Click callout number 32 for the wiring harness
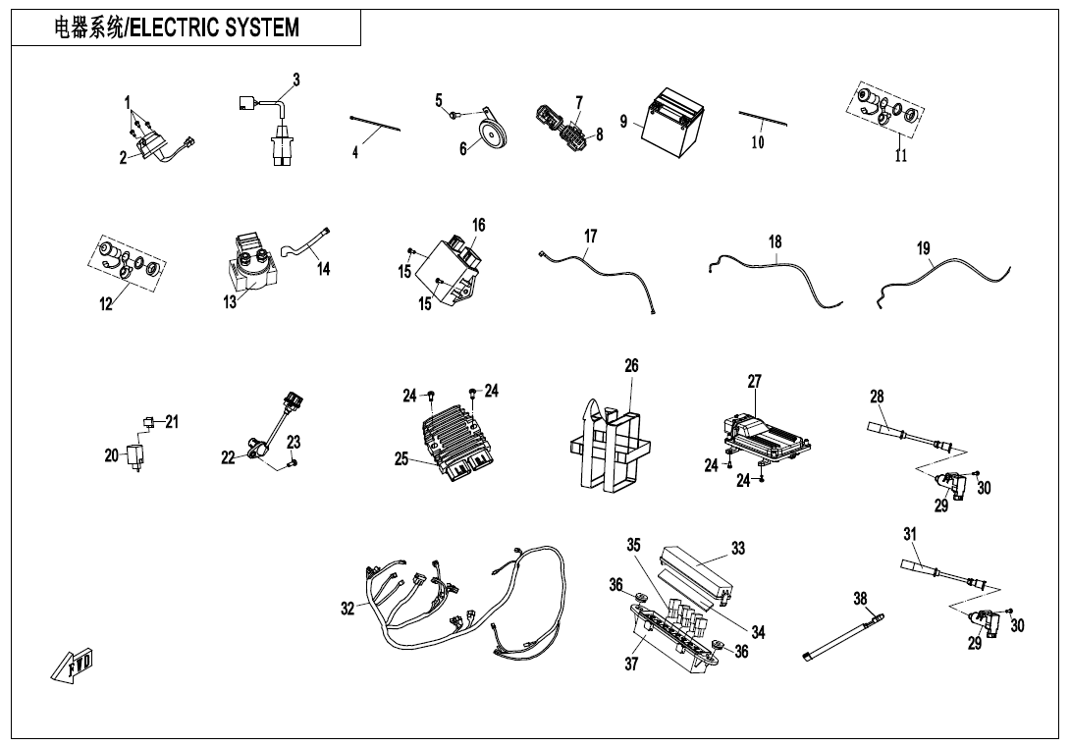[x=348, y=610]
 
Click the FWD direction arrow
[x=72, y=665]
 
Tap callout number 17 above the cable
[x=590, y=237]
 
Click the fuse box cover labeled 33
[x=698, y=570]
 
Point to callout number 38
[x=860, y=599]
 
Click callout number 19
[x=924, y=248]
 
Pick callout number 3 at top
[x=296, y=79]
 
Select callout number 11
[x=901, y=155]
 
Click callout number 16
[x=478, y=225]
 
